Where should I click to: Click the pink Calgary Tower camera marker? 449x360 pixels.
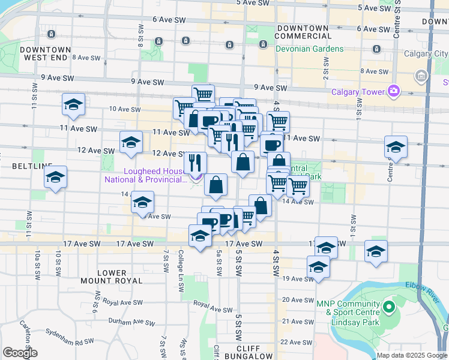click(394, 92)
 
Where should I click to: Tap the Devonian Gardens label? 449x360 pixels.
click(310, 49)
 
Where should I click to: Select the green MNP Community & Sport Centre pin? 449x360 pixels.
click(388, 308)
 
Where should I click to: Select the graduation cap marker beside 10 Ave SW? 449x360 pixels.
click(73, 105)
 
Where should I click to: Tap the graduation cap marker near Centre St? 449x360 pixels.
click(396, 148)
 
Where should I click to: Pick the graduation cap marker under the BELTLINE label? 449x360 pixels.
click(55, 178)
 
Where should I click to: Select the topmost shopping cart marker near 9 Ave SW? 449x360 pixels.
click(203, 95)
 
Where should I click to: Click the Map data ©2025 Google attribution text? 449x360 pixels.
click(412, 355)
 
